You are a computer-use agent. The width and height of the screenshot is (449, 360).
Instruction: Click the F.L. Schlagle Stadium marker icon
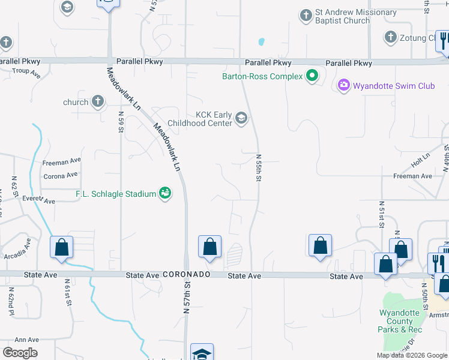(164, 193)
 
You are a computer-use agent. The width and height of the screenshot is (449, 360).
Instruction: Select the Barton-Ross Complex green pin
(312, 76)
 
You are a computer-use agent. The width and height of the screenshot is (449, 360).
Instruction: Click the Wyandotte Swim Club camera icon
(343, 86)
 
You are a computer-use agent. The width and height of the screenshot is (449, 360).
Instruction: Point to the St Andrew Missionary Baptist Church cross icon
(306, 15)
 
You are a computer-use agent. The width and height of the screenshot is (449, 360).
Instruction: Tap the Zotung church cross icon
(391, 38)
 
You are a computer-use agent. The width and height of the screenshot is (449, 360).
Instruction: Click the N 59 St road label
(121, 122)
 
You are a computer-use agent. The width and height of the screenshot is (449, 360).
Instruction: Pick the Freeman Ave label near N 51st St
(412, 176)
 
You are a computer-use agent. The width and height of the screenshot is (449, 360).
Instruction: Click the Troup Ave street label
(26, 73)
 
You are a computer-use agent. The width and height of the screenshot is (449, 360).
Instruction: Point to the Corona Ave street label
(61, 176)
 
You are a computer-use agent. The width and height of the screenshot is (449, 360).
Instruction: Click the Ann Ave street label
(27, 340)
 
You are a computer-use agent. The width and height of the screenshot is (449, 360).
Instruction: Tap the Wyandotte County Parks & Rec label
(400, 321)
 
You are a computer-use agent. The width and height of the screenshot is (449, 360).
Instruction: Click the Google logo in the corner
(20, 353)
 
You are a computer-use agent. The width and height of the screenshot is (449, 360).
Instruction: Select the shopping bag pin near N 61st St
(61, 247)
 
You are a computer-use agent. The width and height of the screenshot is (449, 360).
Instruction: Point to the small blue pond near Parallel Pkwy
(261, 43)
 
